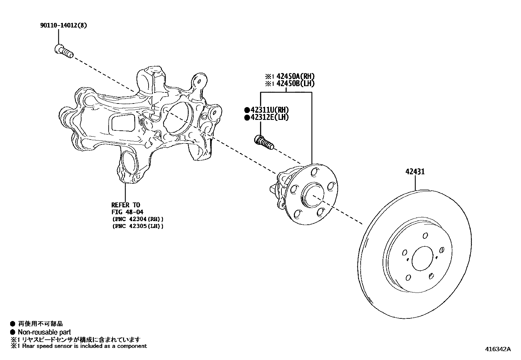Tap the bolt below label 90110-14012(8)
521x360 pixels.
(63, 51)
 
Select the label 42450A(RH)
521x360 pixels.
(296, 77)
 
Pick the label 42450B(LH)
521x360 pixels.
(296, 84)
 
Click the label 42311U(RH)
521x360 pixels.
(270, 110)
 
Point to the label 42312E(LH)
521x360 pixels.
(270, 117)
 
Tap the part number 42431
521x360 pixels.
(415, 172)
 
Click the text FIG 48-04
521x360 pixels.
(127, 212)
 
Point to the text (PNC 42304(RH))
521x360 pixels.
(137, 219)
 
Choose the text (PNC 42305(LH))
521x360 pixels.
(137, 226)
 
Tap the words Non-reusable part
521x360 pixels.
(44, 332)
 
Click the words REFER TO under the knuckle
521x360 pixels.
(126, 205)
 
